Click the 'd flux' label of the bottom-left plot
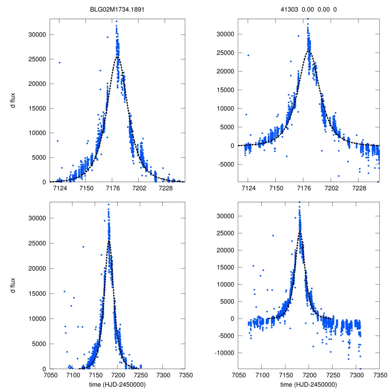[13, 286]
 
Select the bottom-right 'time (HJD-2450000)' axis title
[308, 384]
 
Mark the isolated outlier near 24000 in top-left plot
[60, 62]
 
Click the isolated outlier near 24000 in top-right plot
[248, 55]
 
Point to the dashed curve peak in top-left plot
[118, 57]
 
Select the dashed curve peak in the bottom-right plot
[300, 232]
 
